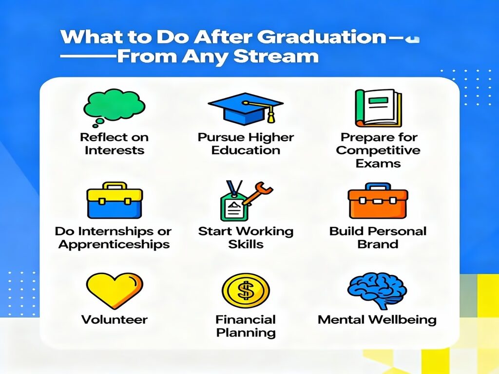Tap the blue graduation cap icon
coord(245,107)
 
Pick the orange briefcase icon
coord(378,201)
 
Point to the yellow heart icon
coord(114,290)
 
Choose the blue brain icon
coord(377,291)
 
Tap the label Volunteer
coord(114,320)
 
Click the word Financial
coord(246,320)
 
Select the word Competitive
coord(378,150)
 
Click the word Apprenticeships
coord(114,244)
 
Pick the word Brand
coord(378,244)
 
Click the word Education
coord(246,150)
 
